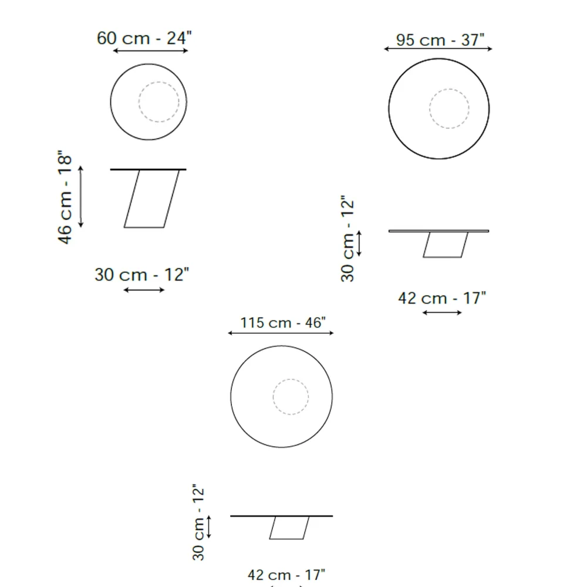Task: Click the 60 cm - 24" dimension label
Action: (144, 38)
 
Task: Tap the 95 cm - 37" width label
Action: (440, 40)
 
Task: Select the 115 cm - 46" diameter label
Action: (283, 323)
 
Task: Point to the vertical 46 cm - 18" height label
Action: (65, 197)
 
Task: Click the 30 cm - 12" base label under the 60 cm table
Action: (142, 275)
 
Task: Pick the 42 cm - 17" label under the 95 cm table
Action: (442, 298)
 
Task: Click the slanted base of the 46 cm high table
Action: (151, 199)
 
